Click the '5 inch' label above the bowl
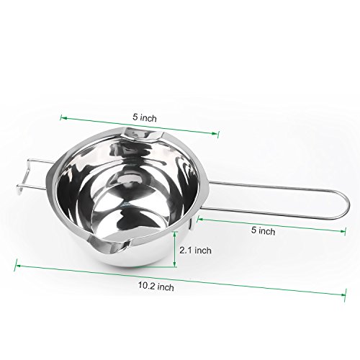(x=145, y=117)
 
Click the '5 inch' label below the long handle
(x=264, y=230)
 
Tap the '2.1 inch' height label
(x=196, y=251)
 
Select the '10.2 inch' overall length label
(x=156, y=286)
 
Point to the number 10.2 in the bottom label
(x=146, y=285)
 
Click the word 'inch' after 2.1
(x=203, y=251)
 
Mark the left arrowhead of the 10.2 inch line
(x=17, y=266)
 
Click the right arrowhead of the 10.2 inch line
(x=343, y=294)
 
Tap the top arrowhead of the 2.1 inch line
(x=175, y=233)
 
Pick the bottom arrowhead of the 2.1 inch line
(x=175, y=264)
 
